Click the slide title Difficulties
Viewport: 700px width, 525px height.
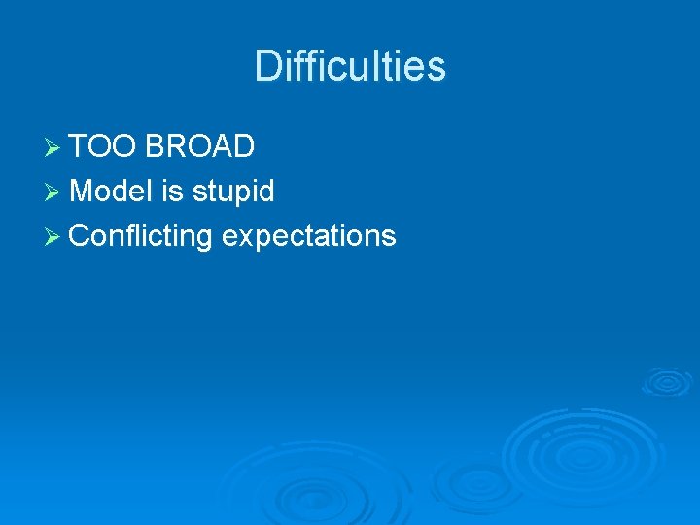point(350,66)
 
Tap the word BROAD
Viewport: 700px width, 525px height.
point(200,146)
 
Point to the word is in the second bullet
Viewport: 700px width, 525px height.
point(172,191)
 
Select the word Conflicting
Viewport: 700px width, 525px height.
point(142,236)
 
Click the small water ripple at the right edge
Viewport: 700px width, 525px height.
point(667,381)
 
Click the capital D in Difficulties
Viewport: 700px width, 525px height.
point(266,66)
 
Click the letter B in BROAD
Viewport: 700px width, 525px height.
point(156,146)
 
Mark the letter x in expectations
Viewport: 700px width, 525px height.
point(243,237)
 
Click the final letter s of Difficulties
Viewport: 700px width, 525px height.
point(437,66)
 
